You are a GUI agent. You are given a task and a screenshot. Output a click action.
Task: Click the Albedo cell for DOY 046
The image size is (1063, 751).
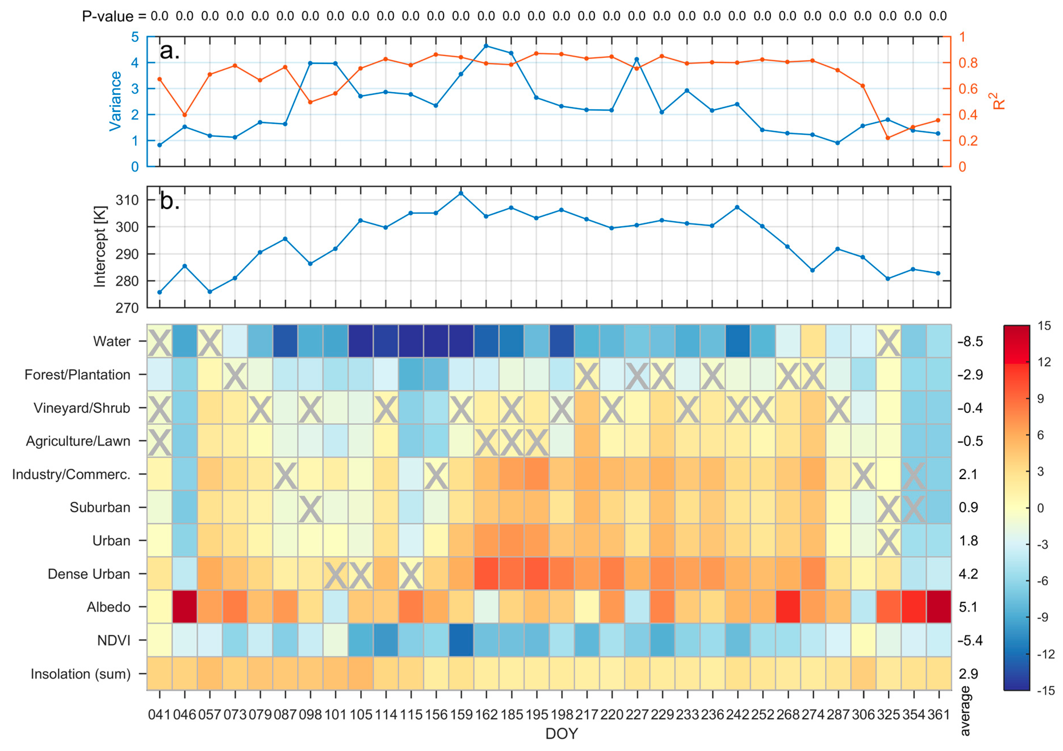(x=185, y=607)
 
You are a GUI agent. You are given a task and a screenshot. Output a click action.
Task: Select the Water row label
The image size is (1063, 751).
(x=112, y=342)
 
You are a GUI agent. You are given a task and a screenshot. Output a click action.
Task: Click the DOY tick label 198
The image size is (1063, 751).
(x=562, y=715)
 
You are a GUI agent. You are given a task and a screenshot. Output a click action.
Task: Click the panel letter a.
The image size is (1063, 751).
(x=169, y=51)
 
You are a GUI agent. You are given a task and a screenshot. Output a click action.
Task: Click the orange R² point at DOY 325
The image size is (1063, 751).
(x=888, y=138)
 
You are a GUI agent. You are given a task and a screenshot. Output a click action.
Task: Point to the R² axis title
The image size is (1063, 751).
(x=1000, y=101)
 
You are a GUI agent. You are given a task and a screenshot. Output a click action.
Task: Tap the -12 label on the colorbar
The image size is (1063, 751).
(x=1045, y=654)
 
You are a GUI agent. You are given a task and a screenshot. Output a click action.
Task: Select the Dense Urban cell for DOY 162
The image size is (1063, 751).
(x=486, y=574)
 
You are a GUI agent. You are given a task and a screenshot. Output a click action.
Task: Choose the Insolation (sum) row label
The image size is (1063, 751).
(x=81, y=674)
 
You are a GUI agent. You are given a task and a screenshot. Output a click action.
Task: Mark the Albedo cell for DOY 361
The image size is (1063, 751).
(x=939, y=607)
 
